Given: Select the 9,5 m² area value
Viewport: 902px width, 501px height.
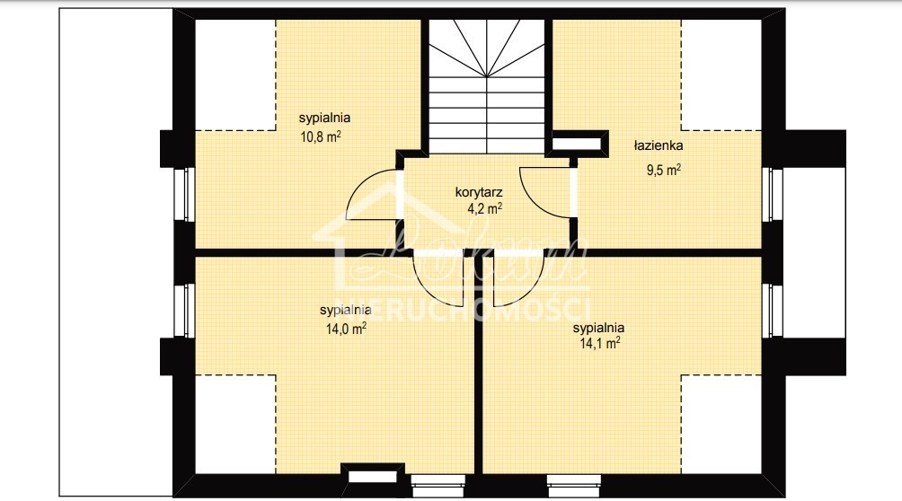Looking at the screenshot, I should (x=663, y=168).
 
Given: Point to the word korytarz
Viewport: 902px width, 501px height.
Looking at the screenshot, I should (x=479, y=191).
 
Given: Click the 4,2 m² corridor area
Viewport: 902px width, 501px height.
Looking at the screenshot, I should (x=483, y=208).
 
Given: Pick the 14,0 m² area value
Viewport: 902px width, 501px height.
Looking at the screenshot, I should (x=346, y=329).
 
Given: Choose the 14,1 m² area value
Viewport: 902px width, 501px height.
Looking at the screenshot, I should (x=600, y=342).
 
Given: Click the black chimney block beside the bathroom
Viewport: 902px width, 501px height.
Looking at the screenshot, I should (x=576, y=142).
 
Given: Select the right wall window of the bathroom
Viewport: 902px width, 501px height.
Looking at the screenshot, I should (x=774, y=194).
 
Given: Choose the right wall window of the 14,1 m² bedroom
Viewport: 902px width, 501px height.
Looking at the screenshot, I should (x=774, y=310).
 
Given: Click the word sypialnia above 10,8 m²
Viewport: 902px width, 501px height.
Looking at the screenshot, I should (x=324, y=118).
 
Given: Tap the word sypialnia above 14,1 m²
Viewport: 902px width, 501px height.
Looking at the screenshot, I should (x=600, y=328).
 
